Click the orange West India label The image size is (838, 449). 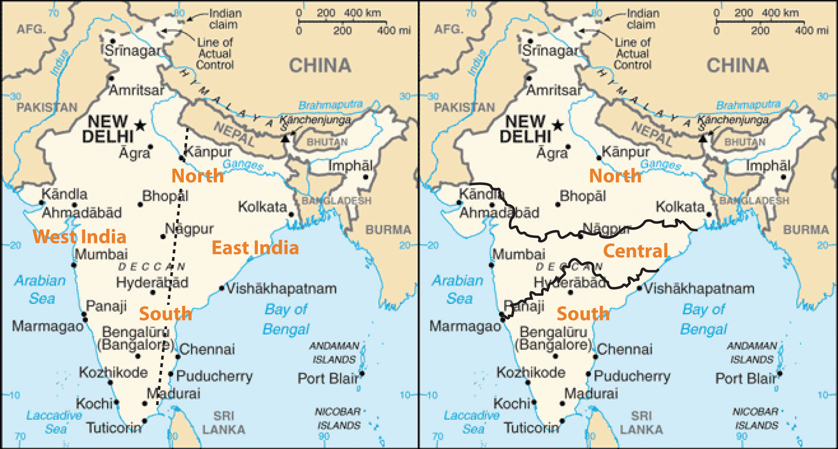79,237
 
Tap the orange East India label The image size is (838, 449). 255,248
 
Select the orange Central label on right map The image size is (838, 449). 635,251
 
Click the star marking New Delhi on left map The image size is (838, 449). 140,125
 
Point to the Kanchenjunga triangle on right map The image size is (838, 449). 702,139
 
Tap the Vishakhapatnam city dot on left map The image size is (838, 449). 222,288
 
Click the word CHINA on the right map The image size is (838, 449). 737,66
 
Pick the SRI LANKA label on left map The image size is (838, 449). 223,422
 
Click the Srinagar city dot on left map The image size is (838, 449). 113,41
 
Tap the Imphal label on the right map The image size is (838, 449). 768,166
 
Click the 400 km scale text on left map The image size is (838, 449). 362,13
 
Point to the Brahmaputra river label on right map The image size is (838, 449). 748,105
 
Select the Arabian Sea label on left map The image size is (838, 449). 40,289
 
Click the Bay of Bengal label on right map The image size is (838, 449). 703,319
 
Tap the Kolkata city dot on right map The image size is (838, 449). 709,215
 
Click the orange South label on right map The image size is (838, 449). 583,313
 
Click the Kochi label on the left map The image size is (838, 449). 94,404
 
